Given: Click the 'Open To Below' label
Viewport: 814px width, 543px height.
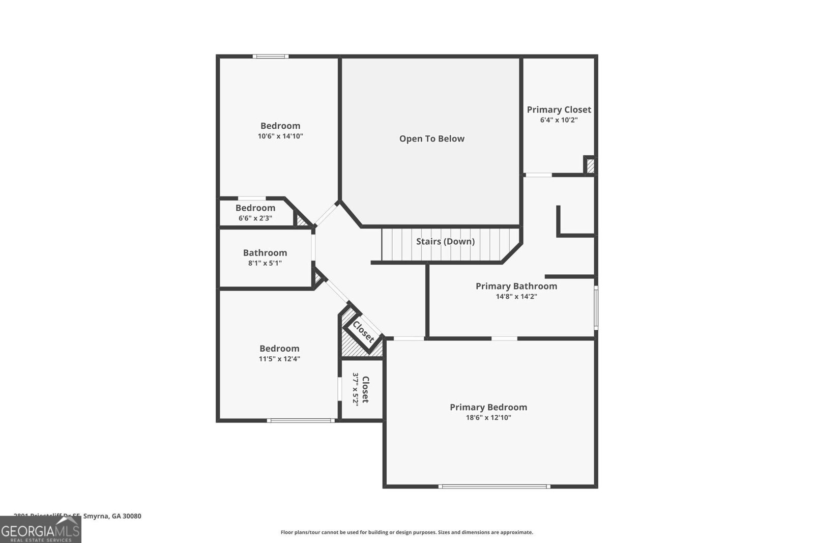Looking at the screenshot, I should pyautogui.click(x=431, y=138).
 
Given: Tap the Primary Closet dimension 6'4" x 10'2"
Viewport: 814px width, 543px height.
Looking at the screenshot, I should pyautogui.click(x=559, y=120).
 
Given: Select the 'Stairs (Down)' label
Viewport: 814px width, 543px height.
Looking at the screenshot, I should pyautogui.click(x=445, y=241).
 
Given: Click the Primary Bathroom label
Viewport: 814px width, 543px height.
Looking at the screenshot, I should pyautogui.click(x=516, y=286).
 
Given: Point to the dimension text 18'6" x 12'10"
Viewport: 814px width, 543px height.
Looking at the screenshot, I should pyautogui.click(x=488, y=418).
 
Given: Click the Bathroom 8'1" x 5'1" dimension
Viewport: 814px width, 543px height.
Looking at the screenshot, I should pyautogui.click(x=265, y=263).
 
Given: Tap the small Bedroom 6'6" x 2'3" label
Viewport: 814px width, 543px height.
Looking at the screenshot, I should pyautogui.click(x=255, y=208).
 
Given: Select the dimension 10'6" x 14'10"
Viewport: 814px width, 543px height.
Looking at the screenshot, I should pyautogui.click(x=280, y=136).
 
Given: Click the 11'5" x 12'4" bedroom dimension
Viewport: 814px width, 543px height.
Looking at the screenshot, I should pyautogui.click(x=279, y=359).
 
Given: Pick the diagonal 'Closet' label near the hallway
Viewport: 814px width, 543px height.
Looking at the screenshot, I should pyautogui.click(x=363, y=332).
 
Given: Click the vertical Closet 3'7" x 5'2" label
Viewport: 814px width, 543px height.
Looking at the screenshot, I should pyautogui.click(x=365, y=389).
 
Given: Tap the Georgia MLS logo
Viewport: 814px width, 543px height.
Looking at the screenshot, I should pyautogui.click(x=40, y=530).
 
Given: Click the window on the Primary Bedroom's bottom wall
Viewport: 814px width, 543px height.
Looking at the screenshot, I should pyautogui.click(x=494, y=487).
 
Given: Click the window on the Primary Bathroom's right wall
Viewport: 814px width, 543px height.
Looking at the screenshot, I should pyautogui.click(x=596, y=307).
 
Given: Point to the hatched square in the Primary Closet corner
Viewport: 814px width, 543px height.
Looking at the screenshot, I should pyautogui.click(x=590, y=166).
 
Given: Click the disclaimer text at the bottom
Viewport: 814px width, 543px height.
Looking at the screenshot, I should pyautogui.click(x=406, y=532).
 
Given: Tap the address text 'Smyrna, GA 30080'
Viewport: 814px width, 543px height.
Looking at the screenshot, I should pyautogui.click(x=112, y=516).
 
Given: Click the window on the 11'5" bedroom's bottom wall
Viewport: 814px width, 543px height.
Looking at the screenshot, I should pyautogui.click(x=301, y=420).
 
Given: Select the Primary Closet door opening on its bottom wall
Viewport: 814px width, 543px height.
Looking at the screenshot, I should pyautogui.click(x=538, y=175).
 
